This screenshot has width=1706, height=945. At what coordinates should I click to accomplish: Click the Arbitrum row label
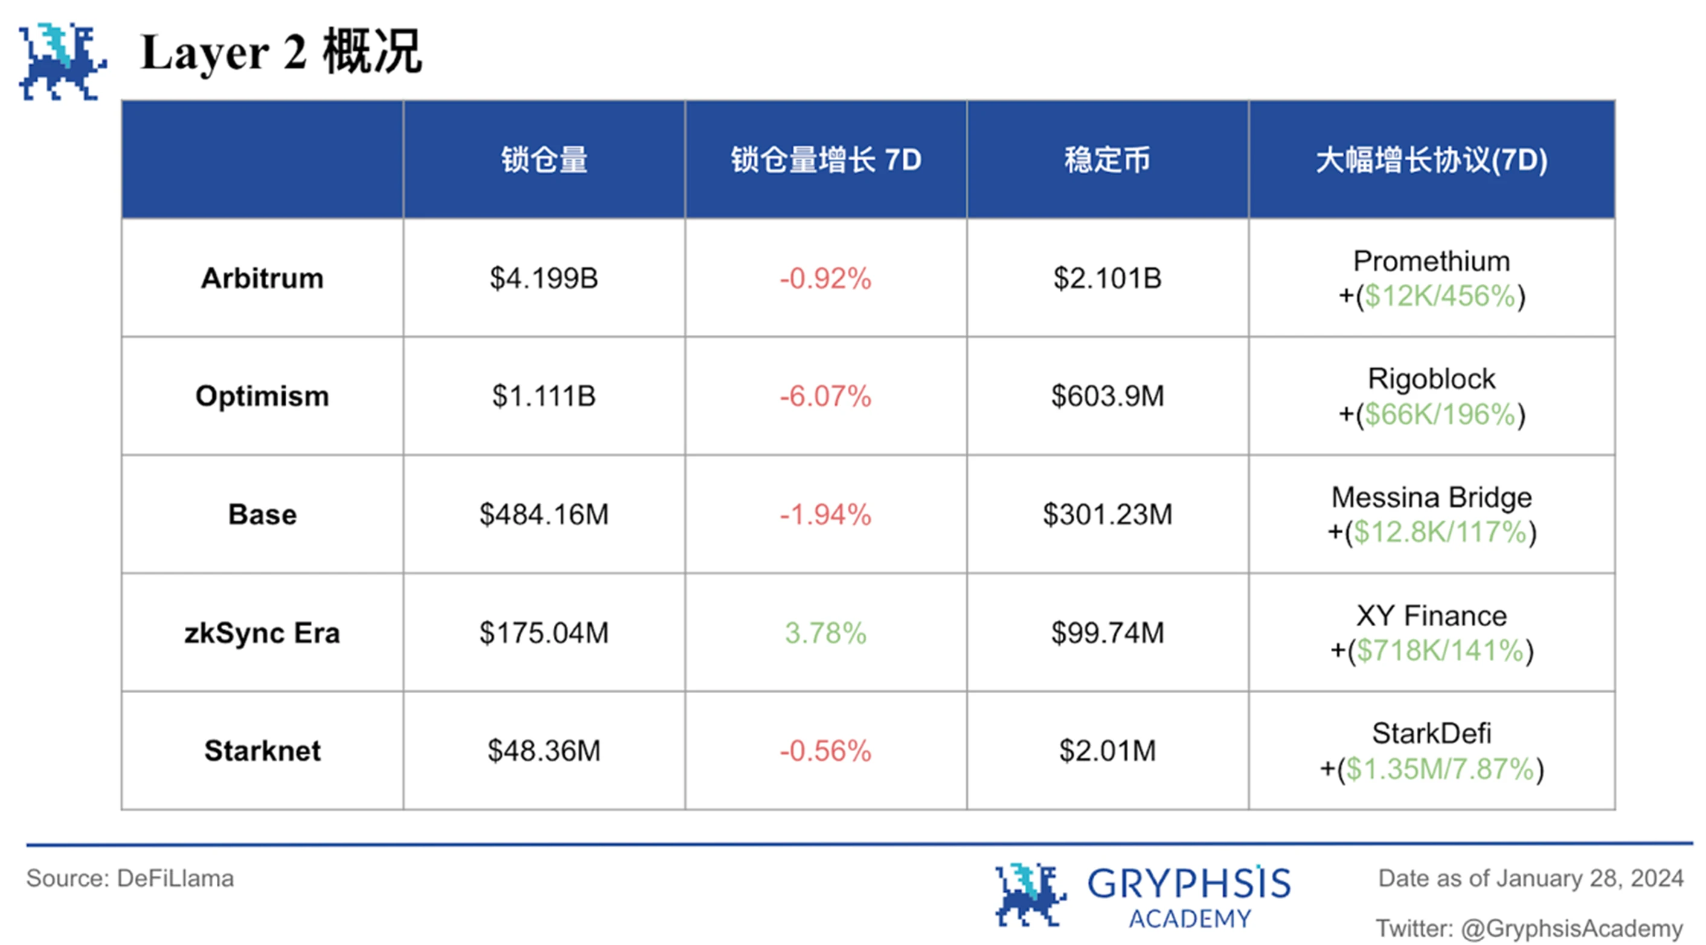262,278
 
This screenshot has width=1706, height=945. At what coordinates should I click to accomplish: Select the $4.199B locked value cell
544,278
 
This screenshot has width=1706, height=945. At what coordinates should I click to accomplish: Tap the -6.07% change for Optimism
825,396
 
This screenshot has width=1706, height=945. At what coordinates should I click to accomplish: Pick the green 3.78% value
825,633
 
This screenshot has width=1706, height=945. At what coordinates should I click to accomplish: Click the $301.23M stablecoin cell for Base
1108,514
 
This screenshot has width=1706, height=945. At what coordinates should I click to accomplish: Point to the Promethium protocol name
1431,261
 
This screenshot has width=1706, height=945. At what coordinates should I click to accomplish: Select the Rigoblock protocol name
1431,379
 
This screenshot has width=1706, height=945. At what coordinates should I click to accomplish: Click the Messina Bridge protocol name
1431,498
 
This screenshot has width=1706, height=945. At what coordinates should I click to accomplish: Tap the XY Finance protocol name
1431,616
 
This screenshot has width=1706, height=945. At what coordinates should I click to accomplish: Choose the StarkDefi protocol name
1431,734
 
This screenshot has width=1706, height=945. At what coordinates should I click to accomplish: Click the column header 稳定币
1108,160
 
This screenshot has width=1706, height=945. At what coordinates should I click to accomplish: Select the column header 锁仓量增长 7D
825,160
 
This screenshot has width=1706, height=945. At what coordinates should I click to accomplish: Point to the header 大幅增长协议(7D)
1431,160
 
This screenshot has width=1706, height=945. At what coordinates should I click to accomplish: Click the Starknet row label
262,751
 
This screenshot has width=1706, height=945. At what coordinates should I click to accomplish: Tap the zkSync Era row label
262,633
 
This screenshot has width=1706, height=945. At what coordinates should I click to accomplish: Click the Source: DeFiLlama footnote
130,879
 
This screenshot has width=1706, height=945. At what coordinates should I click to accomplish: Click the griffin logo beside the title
62,62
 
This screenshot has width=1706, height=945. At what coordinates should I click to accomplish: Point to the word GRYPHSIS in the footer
1189,883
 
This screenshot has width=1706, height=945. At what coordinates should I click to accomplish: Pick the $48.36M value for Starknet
544,751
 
